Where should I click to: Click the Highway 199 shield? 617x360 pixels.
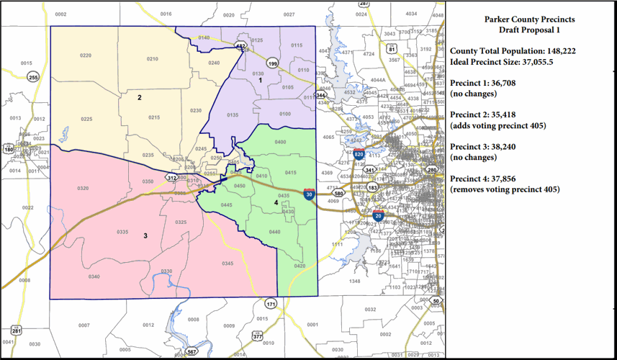(273, 63)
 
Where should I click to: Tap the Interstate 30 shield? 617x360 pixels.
(309, 194)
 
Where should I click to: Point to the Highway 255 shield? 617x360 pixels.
(33, 77)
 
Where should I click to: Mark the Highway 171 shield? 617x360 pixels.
(270, 305)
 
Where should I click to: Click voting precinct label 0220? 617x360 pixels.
(86, 55)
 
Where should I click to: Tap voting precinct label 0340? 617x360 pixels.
(94, 276)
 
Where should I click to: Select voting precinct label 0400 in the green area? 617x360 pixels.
(280, 142)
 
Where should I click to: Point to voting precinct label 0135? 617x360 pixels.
(233, 115)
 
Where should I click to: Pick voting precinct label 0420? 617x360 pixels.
(300, 266)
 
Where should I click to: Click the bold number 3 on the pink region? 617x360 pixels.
(145, 235)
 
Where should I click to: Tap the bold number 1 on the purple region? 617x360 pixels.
(261, 80)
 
